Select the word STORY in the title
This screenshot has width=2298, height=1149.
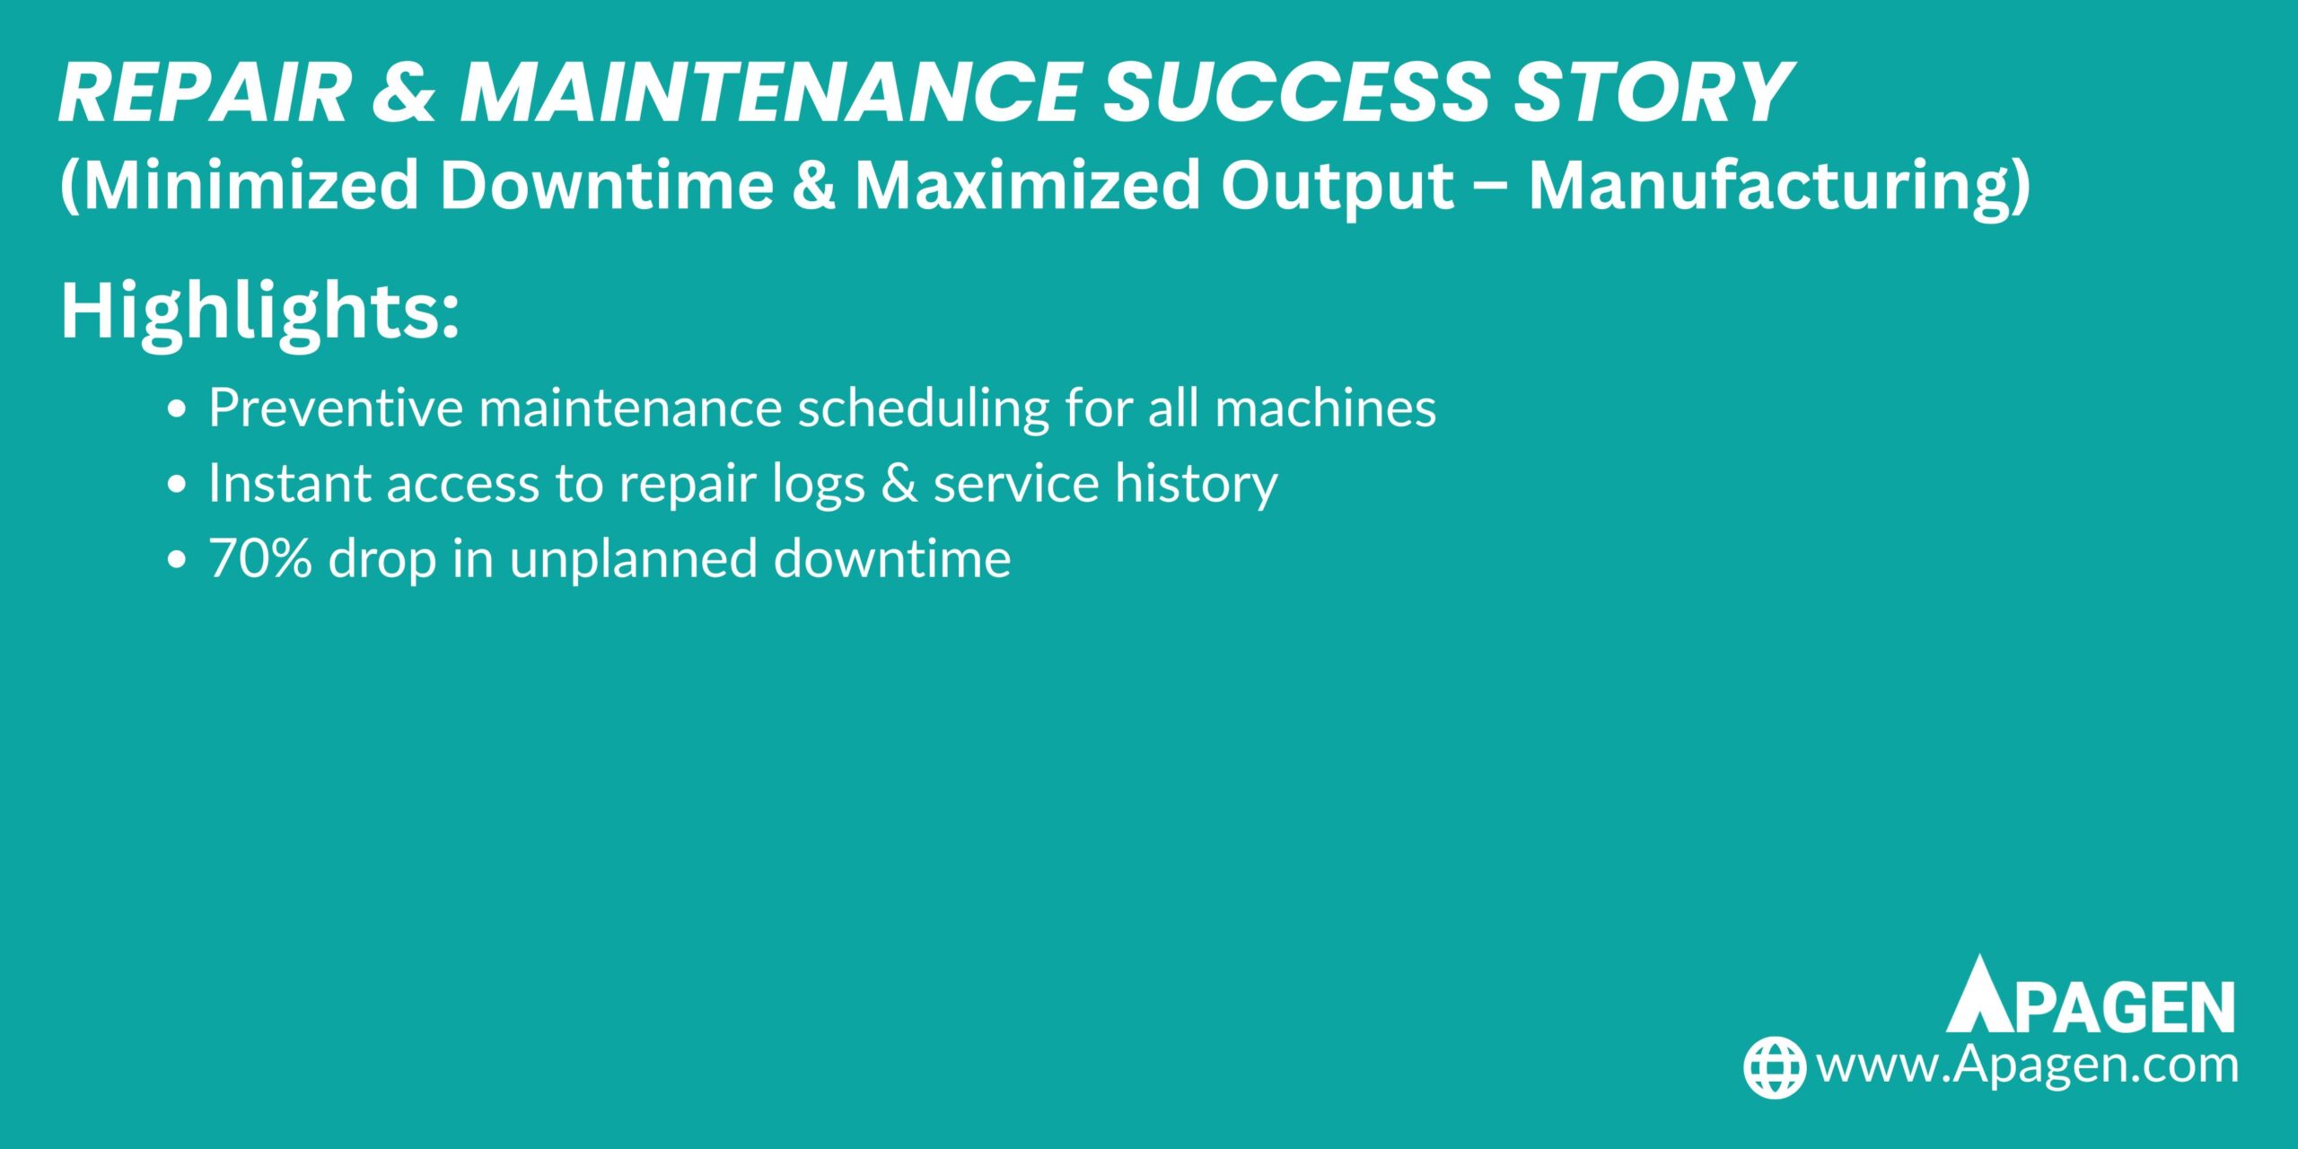click(x=1653, y=92)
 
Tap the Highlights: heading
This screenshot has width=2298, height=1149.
click(x=260, y=311)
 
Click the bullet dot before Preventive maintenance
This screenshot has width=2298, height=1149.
click(x=177, y=409)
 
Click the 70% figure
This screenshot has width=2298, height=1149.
click(x=260, y=558)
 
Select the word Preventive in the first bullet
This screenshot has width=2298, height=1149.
click(x=336, y=408)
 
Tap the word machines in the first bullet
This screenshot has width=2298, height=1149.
click(x=1325, y=408)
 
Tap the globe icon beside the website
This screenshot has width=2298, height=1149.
click(x=1775, y=1066)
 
